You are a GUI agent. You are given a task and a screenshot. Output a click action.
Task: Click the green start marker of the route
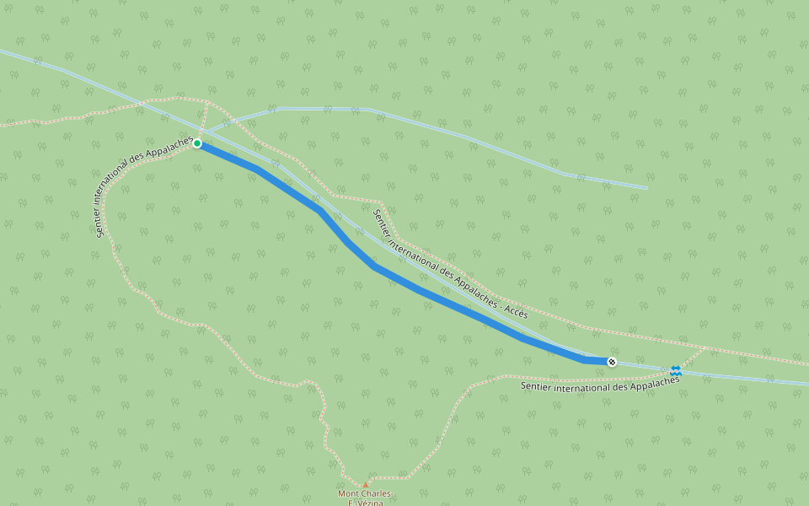point(197,143)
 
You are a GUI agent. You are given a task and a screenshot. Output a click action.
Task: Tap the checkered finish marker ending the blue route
point(612,362)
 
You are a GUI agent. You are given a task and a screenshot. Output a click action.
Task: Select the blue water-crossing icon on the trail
point(676,370)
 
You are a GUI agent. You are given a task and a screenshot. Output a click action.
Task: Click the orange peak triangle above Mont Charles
point(366,484)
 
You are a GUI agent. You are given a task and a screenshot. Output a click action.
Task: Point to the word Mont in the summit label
point(349,493)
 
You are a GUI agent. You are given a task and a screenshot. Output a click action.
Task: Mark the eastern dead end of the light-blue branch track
point(646,188)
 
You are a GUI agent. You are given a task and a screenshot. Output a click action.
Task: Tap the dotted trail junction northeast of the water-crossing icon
point(707,347)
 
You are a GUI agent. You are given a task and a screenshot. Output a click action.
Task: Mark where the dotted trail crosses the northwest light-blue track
point(142,105)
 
